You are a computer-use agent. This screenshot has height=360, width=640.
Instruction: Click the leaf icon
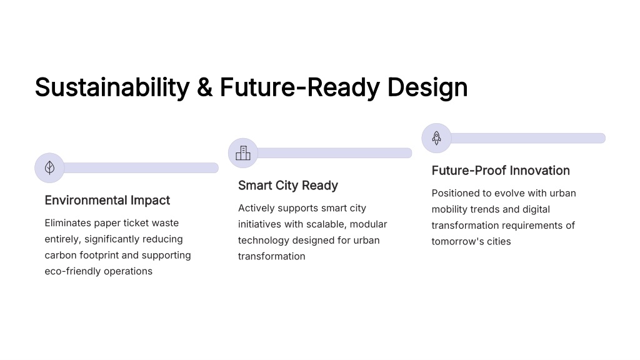point(49,167)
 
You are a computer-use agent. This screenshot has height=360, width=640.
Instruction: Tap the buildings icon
point(243,153)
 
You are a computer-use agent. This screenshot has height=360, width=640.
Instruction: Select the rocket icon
point(436,138)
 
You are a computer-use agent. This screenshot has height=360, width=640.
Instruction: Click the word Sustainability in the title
point(112,87)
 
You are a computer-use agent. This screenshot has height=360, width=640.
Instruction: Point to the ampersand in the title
point(204,87)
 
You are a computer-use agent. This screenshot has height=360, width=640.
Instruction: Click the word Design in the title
point(427,87)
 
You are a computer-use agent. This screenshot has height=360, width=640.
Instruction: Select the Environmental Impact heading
point(107,201)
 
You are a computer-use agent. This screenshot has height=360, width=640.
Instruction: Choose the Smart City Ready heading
point(288,186)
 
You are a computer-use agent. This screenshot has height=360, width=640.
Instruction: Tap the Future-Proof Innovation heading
point(501,171)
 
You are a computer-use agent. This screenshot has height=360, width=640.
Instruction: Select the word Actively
point(256,208)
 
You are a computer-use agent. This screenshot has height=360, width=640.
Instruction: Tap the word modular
point(368,224)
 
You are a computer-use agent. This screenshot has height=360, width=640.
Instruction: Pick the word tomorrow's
point(457,241)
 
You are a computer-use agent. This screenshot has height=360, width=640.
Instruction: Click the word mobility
point(449,209)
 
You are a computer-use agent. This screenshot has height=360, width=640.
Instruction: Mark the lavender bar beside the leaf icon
point(141,167)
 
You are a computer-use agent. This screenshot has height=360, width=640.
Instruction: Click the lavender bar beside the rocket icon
point(527,138)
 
